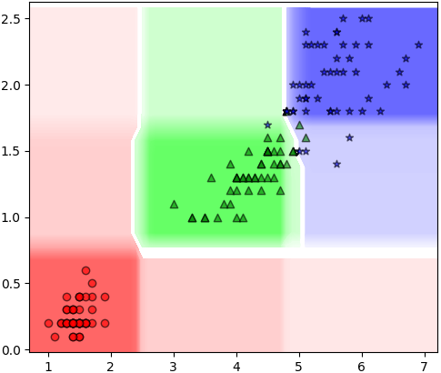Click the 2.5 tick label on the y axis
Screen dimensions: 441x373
pyautogui.click(x=11, y=19)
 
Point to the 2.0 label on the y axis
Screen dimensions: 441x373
pyautogui.click(x=11, y=86)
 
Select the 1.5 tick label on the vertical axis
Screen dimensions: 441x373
pyautogui.click(x=11, y=151)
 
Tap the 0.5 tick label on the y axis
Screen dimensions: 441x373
pyautogui.click(x=11, y=284)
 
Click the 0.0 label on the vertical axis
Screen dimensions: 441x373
pyautogui.click(x=11, y=350)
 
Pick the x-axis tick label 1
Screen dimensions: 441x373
pyautogui.click(x=48, y=367)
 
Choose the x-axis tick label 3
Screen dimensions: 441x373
pyautogui.click(x=174, y=367)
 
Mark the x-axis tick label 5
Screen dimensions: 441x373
pyautogui.click(x=299, y=367)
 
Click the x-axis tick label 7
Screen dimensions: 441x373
pyautogui.click(x=425, y=367)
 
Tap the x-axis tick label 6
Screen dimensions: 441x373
pyautogui.click(x=362, y=367)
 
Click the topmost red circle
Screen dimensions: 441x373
pyautogui.click(x=86, y=270)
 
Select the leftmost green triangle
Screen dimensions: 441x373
pyautogui.click(x=174, y=205)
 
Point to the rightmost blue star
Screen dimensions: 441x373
pyautogui.click(x=418, y=45)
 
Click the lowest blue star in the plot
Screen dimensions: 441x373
pyautogui.click(x=337, y=165)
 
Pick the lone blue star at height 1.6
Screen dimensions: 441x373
pyautogui.click(x=349, y=138)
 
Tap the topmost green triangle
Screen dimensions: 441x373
pyautogui.click(x=299, y=125)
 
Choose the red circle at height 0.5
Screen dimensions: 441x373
pyautogui.click(x=93, y=284)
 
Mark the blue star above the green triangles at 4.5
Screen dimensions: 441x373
pyautogui.click(x=268, y=125)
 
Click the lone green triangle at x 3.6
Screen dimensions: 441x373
pyautogui.click(x=212, y=178)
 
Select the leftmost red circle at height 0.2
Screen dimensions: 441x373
pyautogui.click(x=48, y=324)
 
